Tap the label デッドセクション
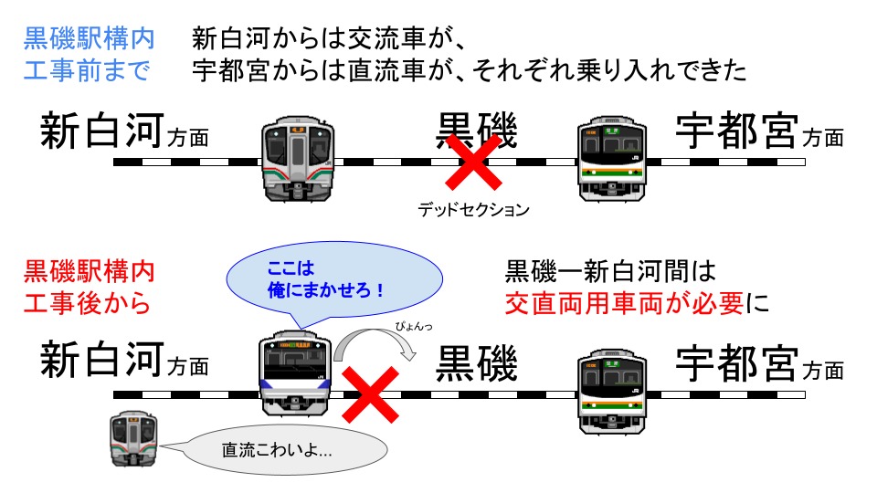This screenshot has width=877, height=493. (473, 210)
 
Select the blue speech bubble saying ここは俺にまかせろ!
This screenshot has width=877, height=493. (333, 282)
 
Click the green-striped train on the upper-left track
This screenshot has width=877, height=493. (298, 158)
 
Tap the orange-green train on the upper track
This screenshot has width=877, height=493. (612, 158)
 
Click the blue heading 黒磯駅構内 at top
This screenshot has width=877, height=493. (89, 39)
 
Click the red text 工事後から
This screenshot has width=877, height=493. (89, 303)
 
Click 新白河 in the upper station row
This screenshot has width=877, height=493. (100, 133)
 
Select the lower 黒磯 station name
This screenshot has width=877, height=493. (476, 364)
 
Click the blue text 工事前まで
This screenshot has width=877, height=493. (89, 71)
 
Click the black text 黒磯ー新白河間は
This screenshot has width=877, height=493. (610, 271)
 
